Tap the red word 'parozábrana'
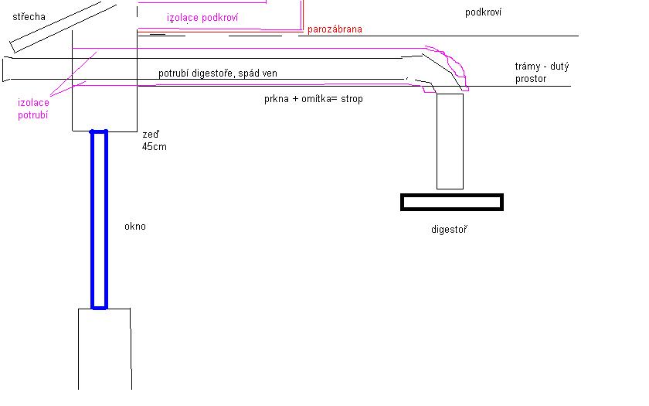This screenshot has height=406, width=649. click(335, 29)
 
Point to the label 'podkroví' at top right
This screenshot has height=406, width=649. click(484, 12)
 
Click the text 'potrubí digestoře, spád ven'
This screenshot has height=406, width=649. click(218, 73)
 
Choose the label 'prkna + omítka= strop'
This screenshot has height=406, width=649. click(313, 99)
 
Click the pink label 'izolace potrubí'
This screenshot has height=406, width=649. click(33, 108)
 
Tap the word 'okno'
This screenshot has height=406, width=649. click(134, 227)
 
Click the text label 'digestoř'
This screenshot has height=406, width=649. click(450, 230)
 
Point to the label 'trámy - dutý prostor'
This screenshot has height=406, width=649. click(542, 73)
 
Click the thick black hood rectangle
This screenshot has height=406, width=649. click(452, 203)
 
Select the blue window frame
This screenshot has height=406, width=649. click(99, 220)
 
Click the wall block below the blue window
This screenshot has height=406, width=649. click(104, 348)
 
